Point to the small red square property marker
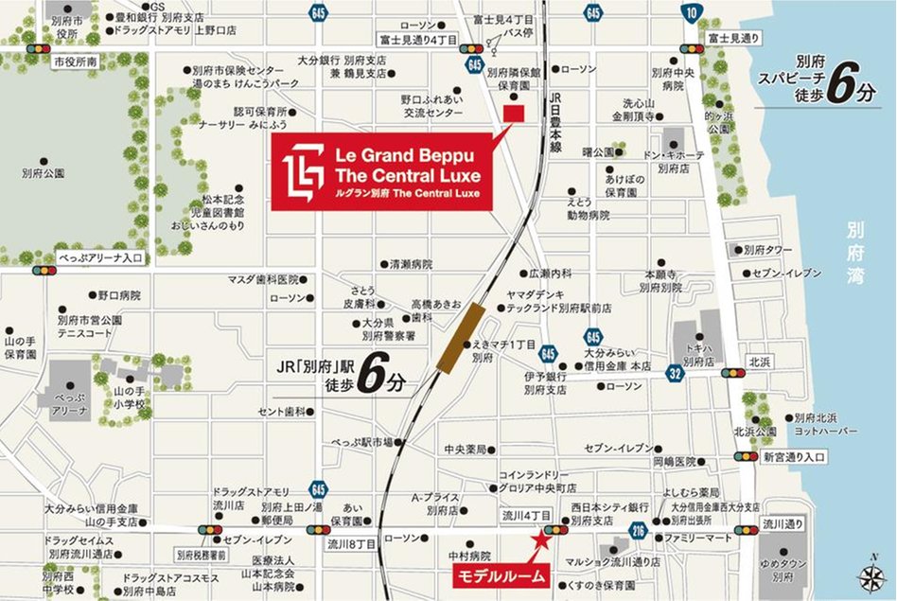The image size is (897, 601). (513, 114)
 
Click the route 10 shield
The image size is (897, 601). (695, 11)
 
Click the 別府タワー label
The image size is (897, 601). (766, 250)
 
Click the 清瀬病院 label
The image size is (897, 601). (410, 264)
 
